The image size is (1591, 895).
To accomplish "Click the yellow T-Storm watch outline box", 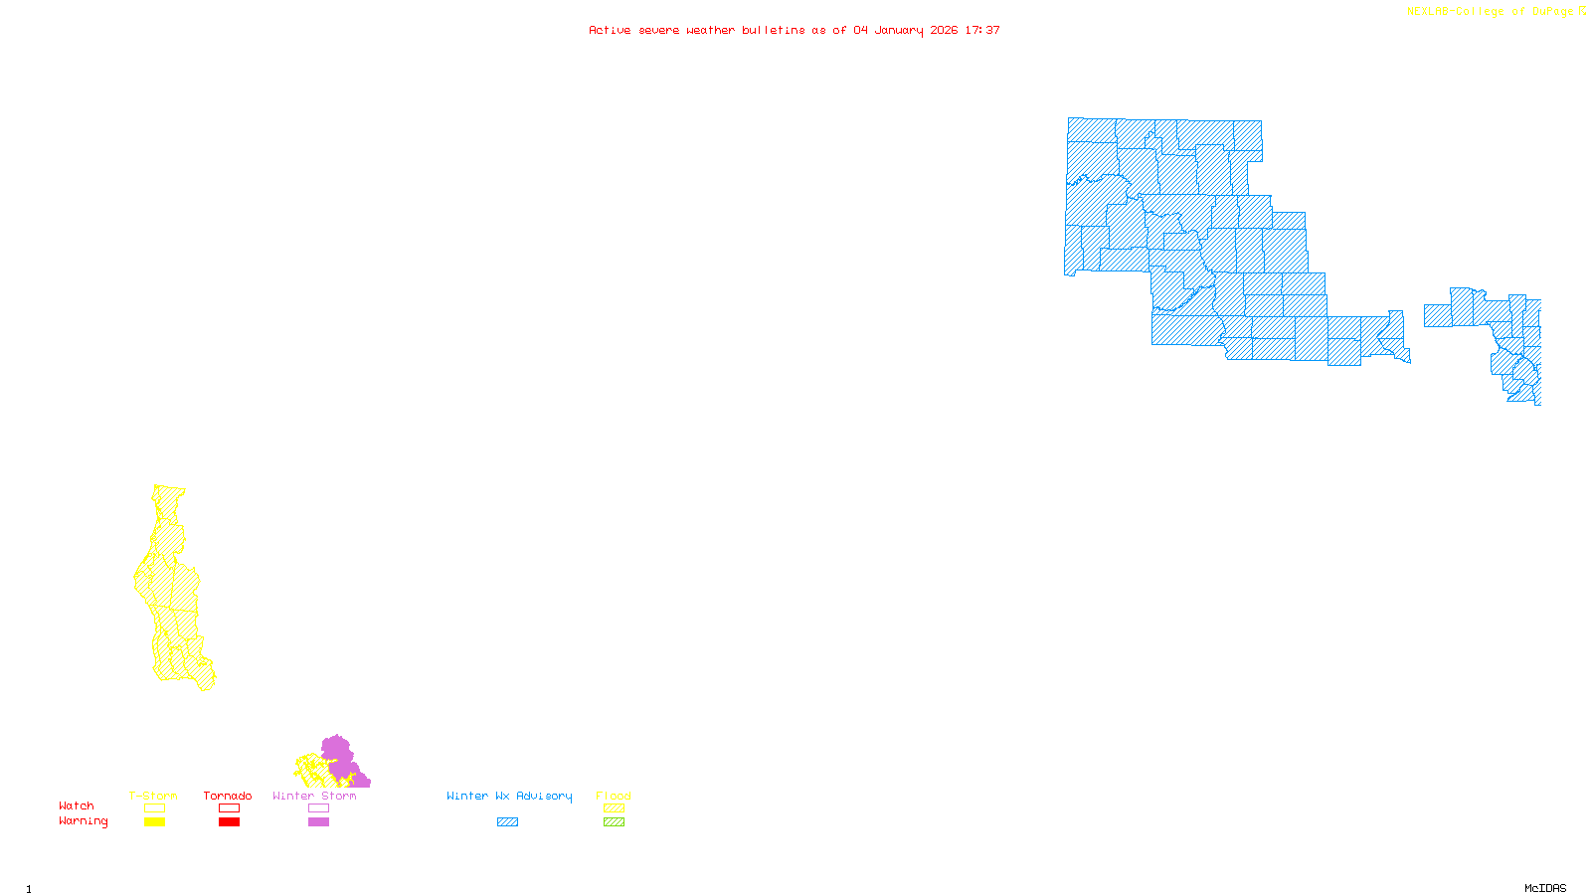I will tap(154, 808).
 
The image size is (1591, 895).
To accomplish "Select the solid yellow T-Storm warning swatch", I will tap(154, 822).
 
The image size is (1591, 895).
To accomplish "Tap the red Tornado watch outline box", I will tap(229, 808).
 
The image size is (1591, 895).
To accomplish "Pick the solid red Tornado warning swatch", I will tap(229, 822).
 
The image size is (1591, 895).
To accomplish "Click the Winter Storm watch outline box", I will tap(318, 808).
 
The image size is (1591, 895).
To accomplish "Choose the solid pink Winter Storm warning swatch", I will tap(318, 822).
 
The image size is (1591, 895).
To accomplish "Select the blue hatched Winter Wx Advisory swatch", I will tap(507, 822).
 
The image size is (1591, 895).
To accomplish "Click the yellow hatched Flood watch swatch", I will tap(614, 808).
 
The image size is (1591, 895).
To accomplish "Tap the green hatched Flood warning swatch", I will tap(614, 822).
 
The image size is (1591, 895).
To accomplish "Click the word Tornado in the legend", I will tap(228, 796).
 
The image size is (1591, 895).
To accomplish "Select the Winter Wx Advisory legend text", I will tap(509, 796).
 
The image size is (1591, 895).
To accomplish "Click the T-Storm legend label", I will tap(153, 796).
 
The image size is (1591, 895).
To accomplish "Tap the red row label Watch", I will tap(77, 805).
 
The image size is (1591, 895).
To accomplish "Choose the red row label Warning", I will tap(84, 821).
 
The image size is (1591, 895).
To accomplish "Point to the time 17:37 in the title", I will tap(982, 30).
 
